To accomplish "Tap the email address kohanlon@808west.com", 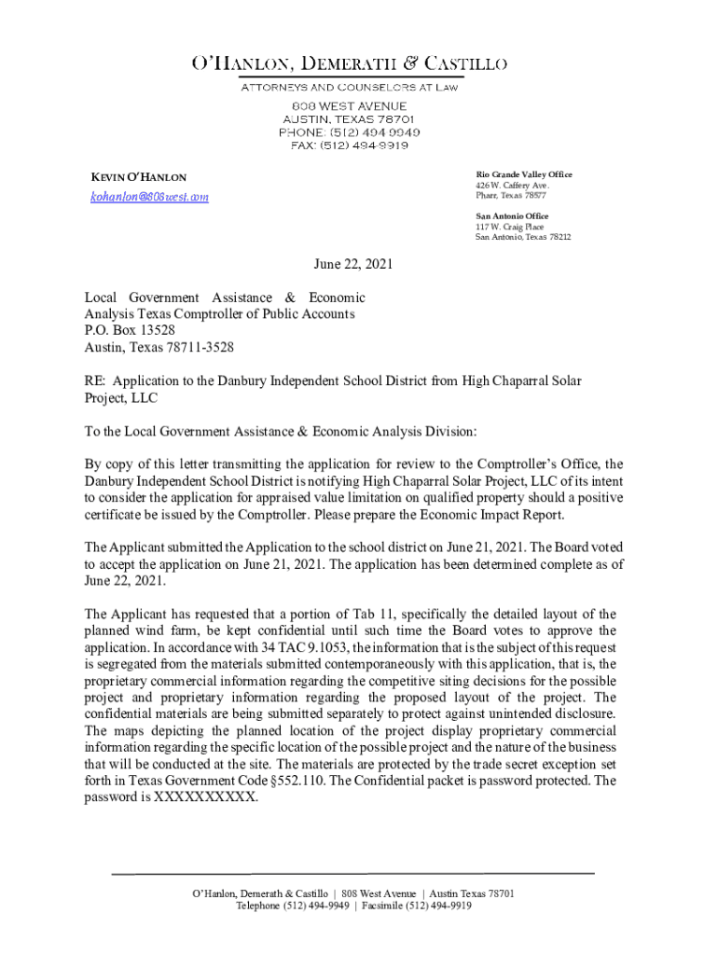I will [x=149, y=197].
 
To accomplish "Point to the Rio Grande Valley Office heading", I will [x=524, y=174].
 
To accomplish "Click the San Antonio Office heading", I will [x=512, y=216].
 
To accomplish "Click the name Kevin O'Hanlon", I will [x=138, y=177].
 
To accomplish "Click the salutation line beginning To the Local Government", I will [x=281, y=431].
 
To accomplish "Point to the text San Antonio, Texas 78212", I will [x=522, y=237].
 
